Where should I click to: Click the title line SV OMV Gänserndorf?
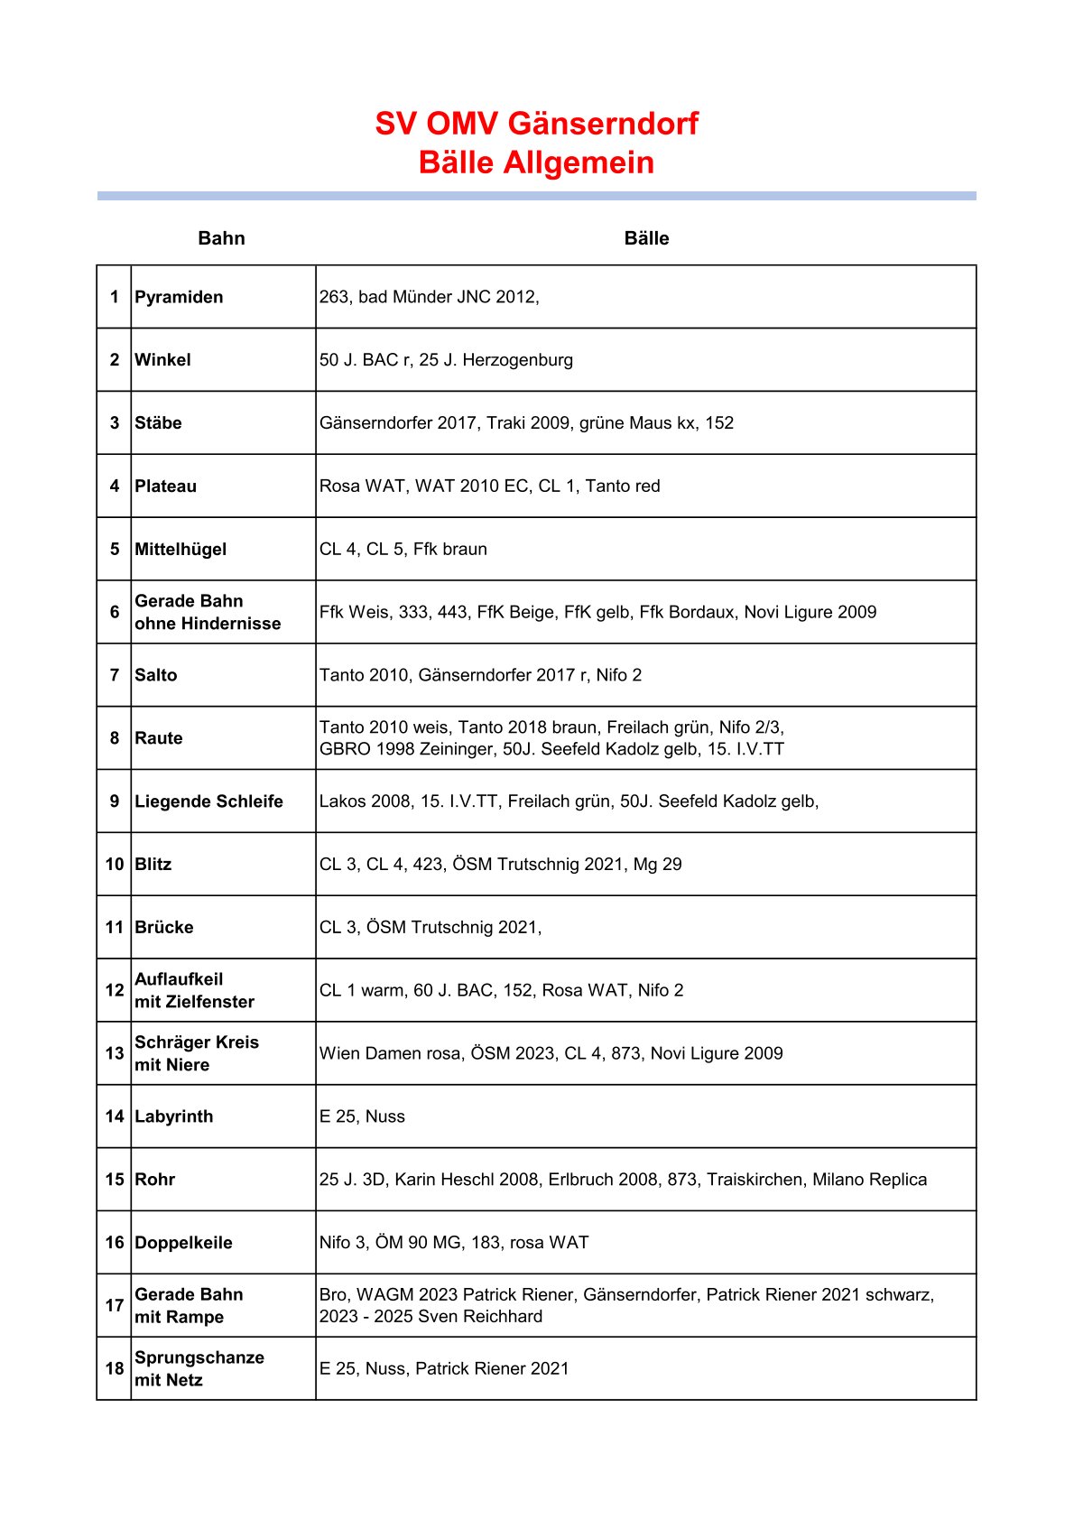(x=536, y=124)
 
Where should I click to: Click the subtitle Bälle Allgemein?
(x=536, y=163)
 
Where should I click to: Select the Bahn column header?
(x=221, y=238)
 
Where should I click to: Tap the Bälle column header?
(x=646, y=238)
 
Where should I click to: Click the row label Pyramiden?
(x=179, y=297)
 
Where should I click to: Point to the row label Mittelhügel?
(x=181, y=549)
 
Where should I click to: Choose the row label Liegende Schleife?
(x=208, y=801)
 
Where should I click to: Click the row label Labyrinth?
(x=174, y=1116)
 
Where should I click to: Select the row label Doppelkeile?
(x=183, y=1243)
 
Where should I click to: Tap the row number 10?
(x=114, y=865)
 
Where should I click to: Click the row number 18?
(x=114, y=1368)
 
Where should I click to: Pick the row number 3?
(x=115, y=423)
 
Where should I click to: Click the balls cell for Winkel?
(x=446, y=360)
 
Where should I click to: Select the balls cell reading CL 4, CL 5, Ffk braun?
(x=403, y=549)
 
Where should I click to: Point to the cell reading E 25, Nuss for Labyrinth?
(x=362, y=1116)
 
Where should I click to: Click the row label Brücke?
(x=164, y=928)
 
